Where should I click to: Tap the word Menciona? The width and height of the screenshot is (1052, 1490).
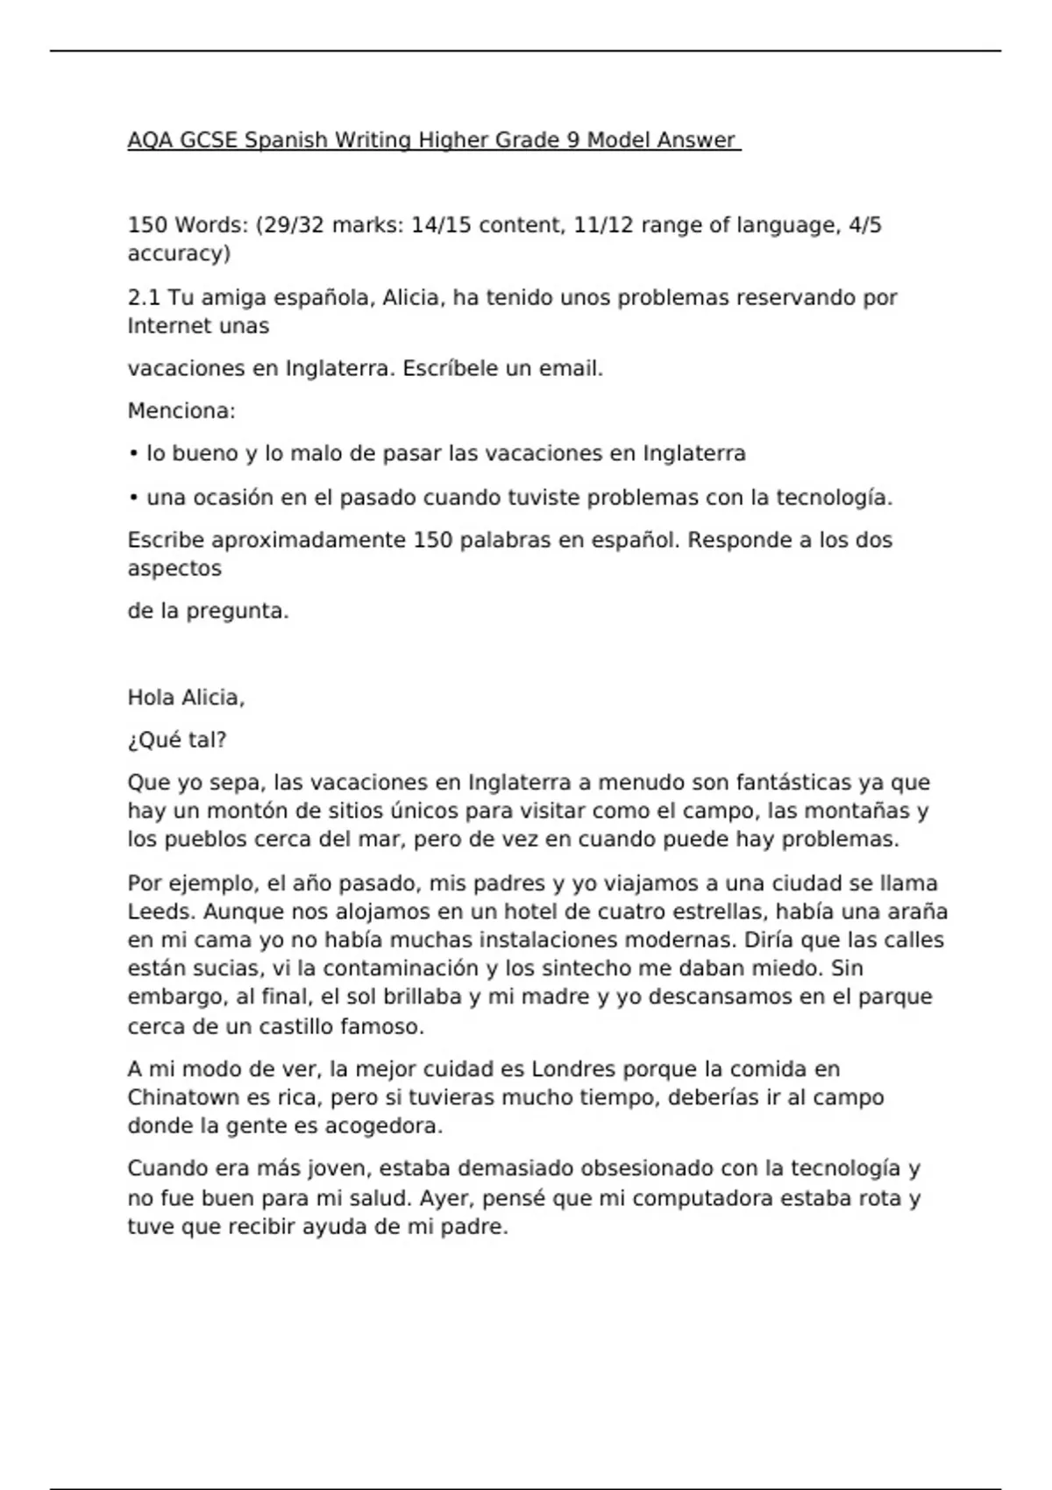tap(181, 410)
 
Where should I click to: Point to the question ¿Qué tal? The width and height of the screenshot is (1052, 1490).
tap(177, 741)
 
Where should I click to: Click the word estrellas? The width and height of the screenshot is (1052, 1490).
tap(693, 912)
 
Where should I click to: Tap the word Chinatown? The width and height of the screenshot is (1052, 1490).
tap(183, 1097)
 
